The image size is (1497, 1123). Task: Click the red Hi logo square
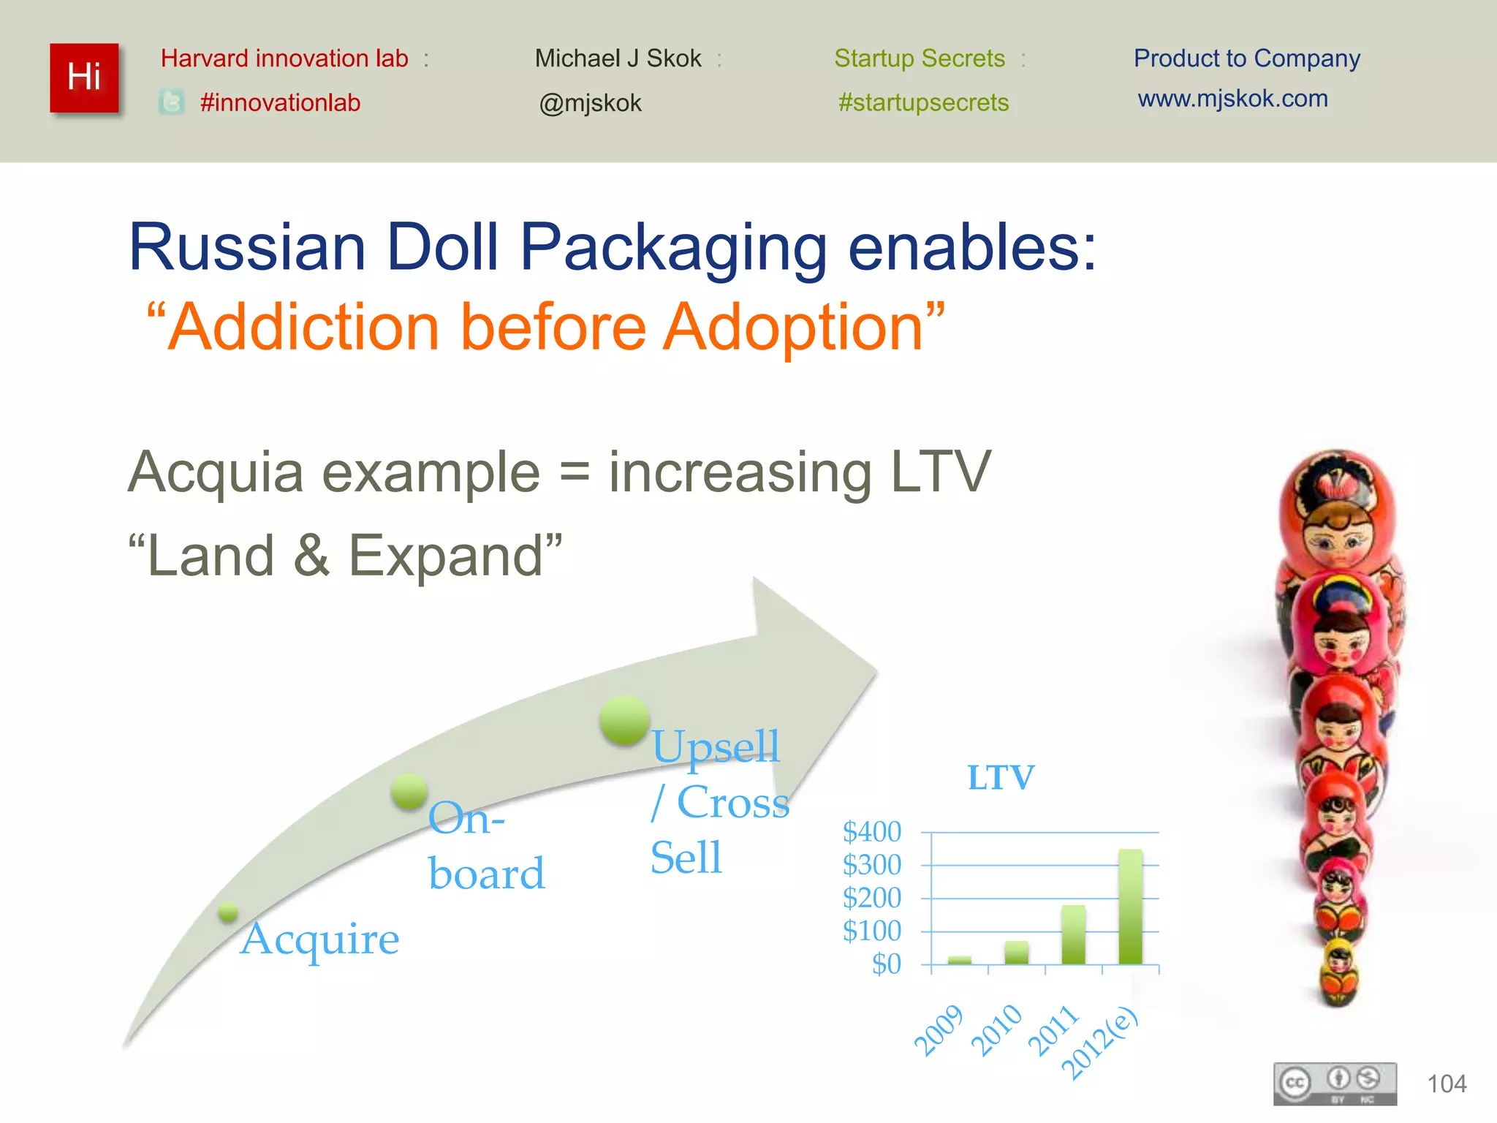pos(84,77)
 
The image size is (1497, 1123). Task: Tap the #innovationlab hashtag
pos(280,102)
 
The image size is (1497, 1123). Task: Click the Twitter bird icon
pos(172,102)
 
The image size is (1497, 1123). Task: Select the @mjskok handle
pos(590,103)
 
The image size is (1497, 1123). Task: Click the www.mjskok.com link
pos(1232,98)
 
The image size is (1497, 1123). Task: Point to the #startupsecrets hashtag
pos(923,102)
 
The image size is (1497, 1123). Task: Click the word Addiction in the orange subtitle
pos(303,327)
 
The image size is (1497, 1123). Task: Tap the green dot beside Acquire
pos(228,912)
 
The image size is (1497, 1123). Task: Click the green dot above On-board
pos(409,791)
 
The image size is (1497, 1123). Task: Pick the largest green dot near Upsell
pos(624,720)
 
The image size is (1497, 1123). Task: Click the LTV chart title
pos(1001,777)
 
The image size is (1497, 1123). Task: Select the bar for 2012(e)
pos(1130,907)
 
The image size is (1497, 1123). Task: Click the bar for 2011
pos(1073,934)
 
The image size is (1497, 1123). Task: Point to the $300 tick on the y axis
pos(872,865)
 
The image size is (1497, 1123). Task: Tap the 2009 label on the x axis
pos(939,1031)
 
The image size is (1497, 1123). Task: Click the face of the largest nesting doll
pos(1336,541)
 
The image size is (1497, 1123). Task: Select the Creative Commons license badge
pos(1335,1084)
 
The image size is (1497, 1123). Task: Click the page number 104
pos(1447,1084)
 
